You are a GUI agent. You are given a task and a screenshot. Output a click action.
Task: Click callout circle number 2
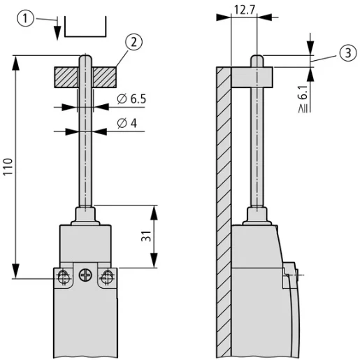135,42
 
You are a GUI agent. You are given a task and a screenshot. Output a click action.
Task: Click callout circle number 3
347,54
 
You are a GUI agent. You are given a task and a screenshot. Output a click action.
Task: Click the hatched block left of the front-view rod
68,74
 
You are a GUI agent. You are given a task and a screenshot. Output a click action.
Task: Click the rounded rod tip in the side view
258,59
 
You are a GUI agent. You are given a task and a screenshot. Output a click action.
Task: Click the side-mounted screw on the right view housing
288,276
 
